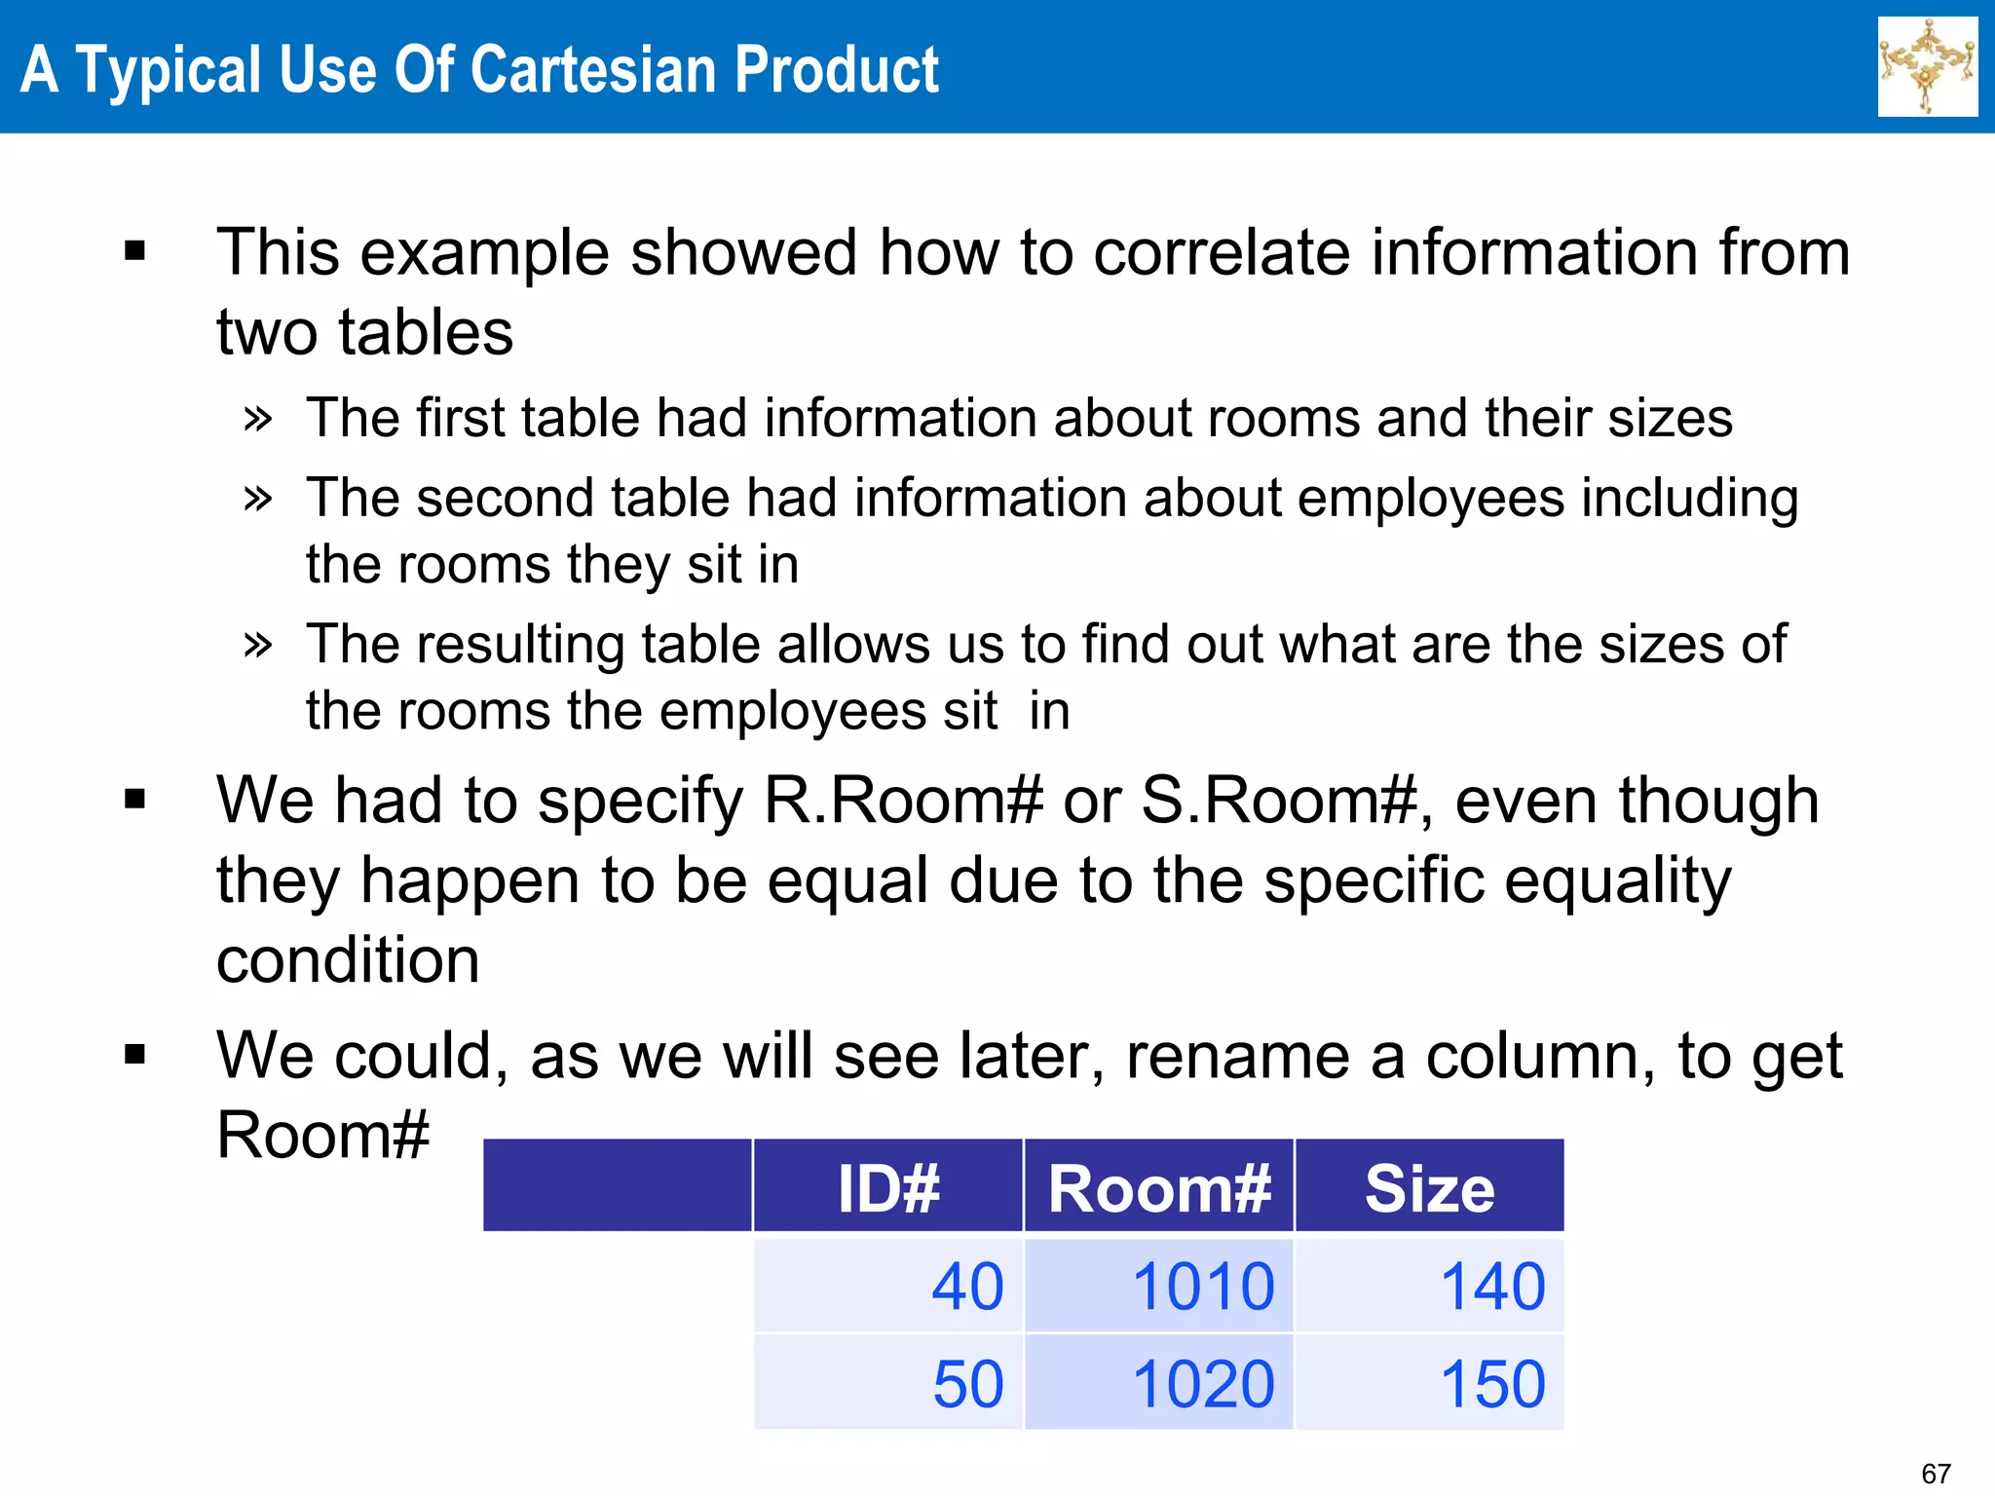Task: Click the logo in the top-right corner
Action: (1927, 66)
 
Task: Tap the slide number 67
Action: (1936, 1473)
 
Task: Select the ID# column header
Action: (887, 1188)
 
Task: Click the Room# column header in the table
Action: (1158, 1188)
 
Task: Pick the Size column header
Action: (1429, 1188)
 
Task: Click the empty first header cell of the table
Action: (618, 1185)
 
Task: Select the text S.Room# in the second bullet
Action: (1278, 801)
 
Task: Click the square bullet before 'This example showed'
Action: (134, 252)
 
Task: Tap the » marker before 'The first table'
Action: (257, 420)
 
